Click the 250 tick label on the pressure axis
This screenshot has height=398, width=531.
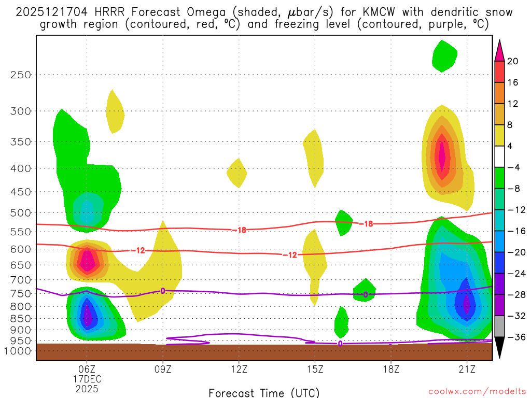(21, 75)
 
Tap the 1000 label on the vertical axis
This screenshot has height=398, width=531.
(19, 351)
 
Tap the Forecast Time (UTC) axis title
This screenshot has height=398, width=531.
(264, 392)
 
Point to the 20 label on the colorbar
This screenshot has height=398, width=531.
(513, 61)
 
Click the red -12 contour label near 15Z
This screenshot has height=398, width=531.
(289, 254)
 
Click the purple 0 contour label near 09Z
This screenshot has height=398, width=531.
(163, 291)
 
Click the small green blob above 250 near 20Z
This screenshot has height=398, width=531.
(444, 55)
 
